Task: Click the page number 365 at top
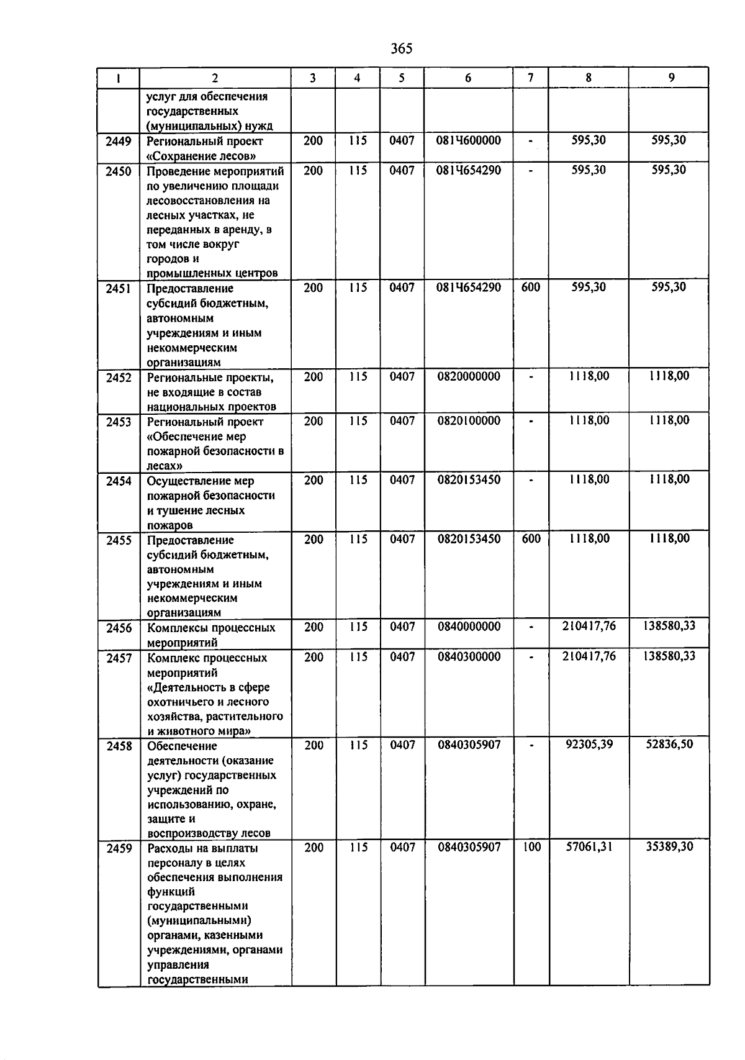(402, 48)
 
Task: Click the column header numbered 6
(467, 78)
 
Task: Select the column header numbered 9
(671, 78)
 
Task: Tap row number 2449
(119, 142)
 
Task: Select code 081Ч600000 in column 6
(468, 141)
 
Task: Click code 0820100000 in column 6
(468, 421)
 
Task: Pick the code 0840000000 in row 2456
(469, 627)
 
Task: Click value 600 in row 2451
(531, 288)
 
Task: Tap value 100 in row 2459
(531, 847)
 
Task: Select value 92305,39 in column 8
(589, 745)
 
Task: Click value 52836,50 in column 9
(669, 745)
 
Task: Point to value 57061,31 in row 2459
(589, 847)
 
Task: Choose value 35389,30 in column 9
(669, 847)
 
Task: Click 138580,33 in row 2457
(669, 656)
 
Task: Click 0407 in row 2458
(402, 745)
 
